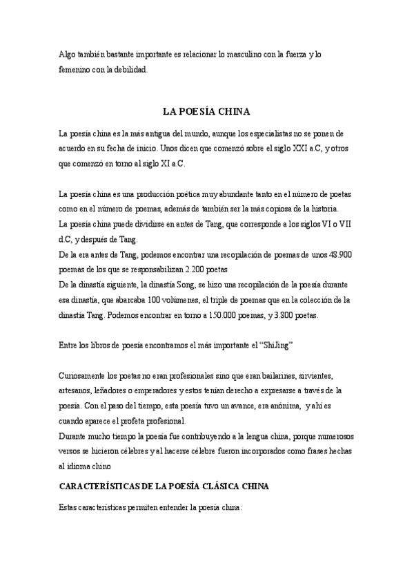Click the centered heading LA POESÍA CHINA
point(206,111)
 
